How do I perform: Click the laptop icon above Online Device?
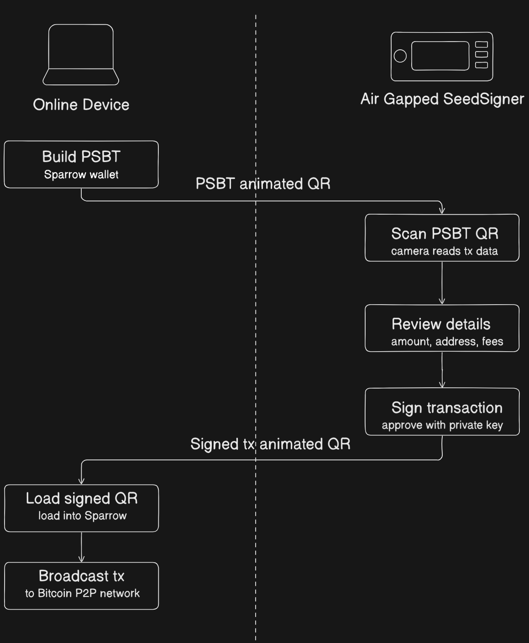pos(81,55)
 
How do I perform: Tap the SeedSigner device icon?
pos(442,57)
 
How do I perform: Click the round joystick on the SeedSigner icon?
pos(400,56)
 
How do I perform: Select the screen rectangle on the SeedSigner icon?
pos(440,56)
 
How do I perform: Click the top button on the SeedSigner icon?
pos(482,45)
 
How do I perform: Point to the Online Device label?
pos(81,105)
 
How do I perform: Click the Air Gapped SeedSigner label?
pos(442,99)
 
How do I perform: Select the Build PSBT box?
pos(81,164)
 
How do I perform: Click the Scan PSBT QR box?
pos(442,238)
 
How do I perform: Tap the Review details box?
pos(442,328)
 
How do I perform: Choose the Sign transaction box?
pos(442,412)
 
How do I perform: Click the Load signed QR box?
pos(81,508)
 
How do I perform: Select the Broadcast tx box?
pos(81,586)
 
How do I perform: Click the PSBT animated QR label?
pos(263,184)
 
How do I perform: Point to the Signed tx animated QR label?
pos(270,444)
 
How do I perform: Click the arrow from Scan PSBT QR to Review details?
pos(442,283)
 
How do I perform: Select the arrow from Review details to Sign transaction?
pos(442,370)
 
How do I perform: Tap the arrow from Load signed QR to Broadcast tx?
pos(81,547)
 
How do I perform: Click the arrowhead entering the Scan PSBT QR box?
pos(442,210)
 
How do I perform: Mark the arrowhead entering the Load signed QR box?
pos(82,480)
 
